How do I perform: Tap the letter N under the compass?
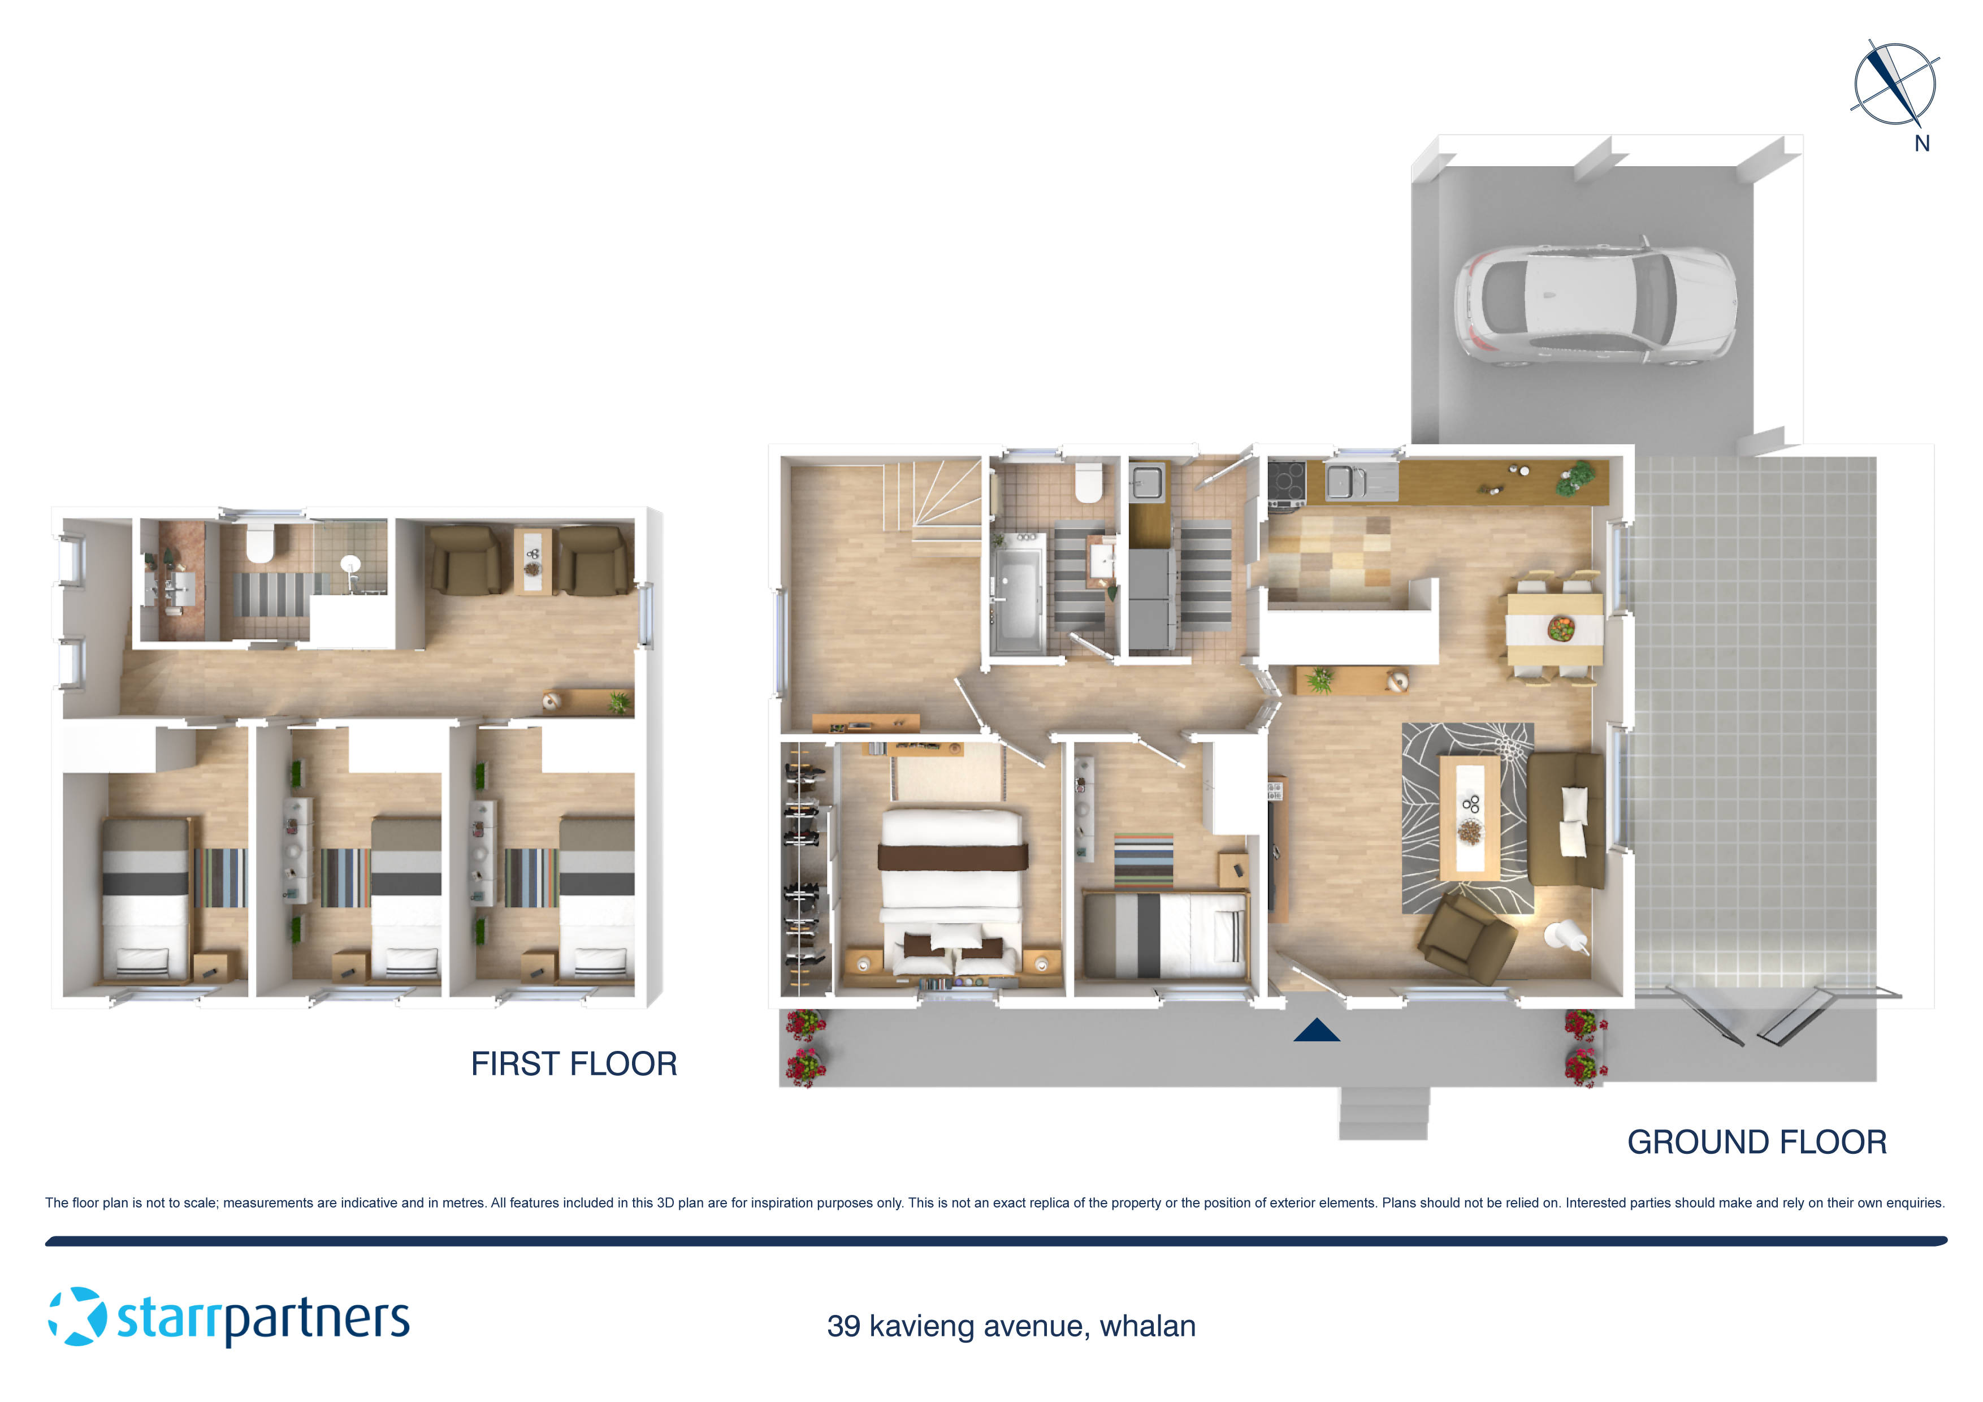[1922, 144]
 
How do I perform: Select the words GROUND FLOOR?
[1757, 1142]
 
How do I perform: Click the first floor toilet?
[260, 543]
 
